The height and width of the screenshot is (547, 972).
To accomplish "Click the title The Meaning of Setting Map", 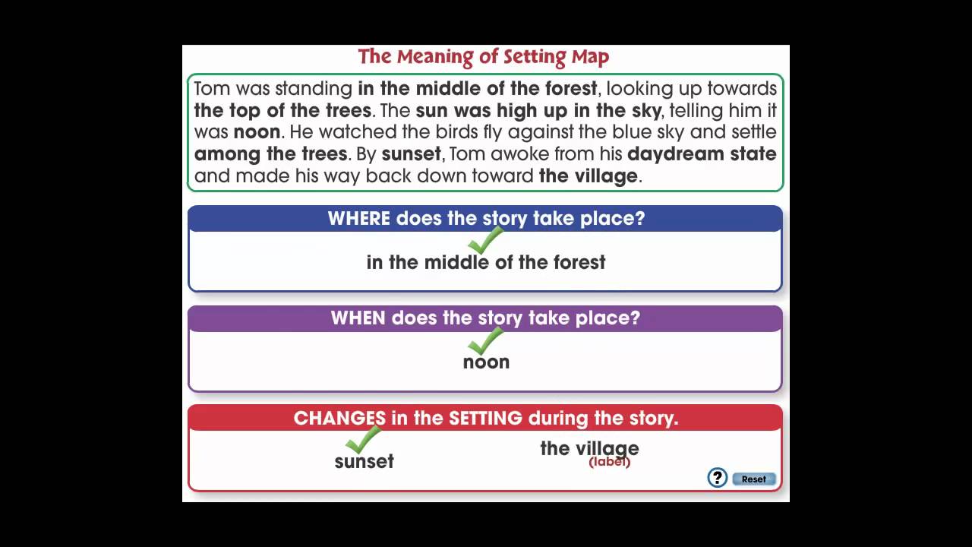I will pyautogui.click(x=484, y=57).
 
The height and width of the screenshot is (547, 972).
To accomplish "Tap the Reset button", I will pyautogui.click(x=753, y=479).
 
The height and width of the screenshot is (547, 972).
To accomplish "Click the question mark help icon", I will pyautogui.click(x=717, y=477).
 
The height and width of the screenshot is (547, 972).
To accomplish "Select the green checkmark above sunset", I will pyautogui.click(x=363, y=439).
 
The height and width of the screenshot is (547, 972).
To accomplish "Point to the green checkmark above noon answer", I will pyautogui.click(x=485, y=341).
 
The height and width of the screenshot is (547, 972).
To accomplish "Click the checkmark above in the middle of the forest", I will pyautogui.click(x=485, y=241).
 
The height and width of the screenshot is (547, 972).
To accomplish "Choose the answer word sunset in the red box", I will pyautogui.click(x=364, y=461).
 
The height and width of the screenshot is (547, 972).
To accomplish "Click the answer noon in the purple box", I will pyautogui.click(x=486, y=362).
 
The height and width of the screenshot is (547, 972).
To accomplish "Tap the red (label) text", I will pyautogui.click(x=609, y=462).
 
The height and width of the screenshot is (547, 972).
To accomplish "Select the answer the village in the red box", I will pyautogui.click(x=589, y=448).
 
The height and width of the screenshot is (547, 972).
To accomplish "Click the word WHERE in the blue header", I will pyautogui.click(x=358, y=218).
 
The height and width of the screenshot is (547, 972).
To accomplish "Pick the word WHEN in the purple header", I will pyautogui.click(x=358, y=318).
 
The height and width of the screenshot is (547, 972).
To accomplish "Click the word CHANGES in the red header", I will pyautogui.click(x=339, y=418).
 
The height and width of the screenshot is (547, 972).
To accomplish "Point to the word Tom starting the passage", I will pyautogui.click(x=212, y=88).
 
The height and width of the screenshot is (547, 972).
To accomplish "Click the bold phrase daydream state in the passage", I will pyautogui.click(x=702, y=154).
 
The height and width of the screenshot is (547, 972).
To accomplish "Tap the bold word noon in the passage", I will pyautogui.click(x=257, y=132).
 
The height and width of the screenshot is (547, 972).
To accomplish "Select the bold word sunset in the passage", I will pyautogui.click(x=411, y=154).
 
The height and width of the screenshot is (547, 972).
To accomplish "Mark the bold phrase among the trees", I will pyautogui.click(x=270, y=154).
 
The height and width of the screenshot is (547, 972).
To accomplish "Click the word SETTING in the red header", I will pyautogui.click(x=485, y=418).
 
